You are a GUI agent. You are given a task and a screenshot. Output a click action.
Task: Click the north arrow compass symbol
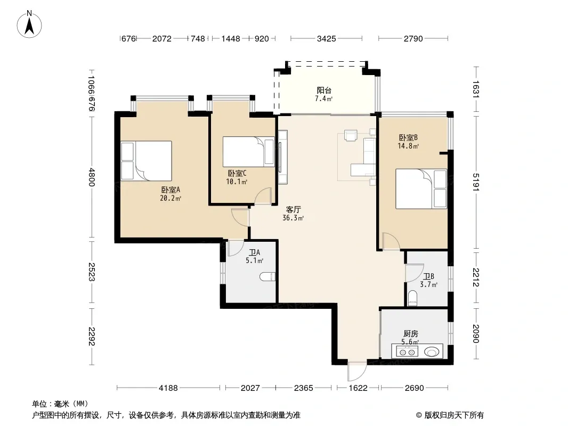(x=29, y=25)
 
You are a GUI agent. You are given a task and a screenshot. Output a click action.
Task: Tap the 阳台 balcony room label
(x=324, y=90)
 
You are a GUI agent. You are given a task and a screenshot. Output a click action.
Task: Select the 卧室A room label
(x=171, y=190)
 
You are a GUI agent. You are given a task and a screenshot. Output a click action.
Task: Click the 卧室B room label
(x=408, y=137)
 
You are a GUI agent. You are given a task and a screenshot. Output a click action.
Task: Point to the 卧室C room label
(x=237, y=174)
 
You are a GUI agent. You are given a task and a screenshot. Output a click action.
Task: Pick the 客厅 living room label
(x=294, y=209)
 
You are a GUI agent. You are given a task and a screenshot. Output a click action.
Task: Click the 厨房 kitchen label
(x=411, y=333)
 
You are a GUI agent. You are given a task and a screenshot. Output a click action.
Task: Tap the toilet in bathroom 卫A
(x=267, y=277)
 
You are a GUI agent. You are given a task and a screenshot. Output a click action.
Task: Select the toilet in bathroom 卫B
(x=412, y=298)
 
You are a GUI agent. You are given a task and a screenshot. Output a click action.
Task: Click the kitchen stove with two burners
(x=407, y=351)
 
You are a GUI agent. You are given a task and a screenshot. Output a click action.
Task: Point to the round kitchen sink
(x=432, y=351)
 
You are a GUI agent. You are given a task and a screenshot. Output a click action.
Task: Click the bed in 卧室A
(x=147, y=161)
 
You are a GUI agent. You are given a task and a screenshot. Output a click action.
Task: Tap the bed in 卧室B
(x=421, y=189)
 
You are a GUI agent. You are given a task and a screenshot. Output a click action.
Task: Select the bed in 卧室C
(x=248, y=152)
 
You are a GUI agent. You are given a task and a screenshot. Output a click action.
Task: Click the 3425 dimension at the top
(x=327, y=38)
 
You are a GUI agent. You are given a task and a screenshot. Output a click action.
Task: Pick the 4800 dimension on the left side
(x=91, y=177)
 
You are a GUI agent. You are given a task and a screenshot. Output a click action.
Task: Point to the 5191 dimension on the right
(x=476, y=183)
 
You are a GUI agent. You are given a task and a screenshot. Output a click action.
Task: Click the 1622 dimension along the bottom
(x=358, y=388)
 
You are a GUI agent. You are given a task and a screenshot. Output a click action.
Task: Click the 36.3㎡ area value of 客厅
(x=293, y=218)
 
